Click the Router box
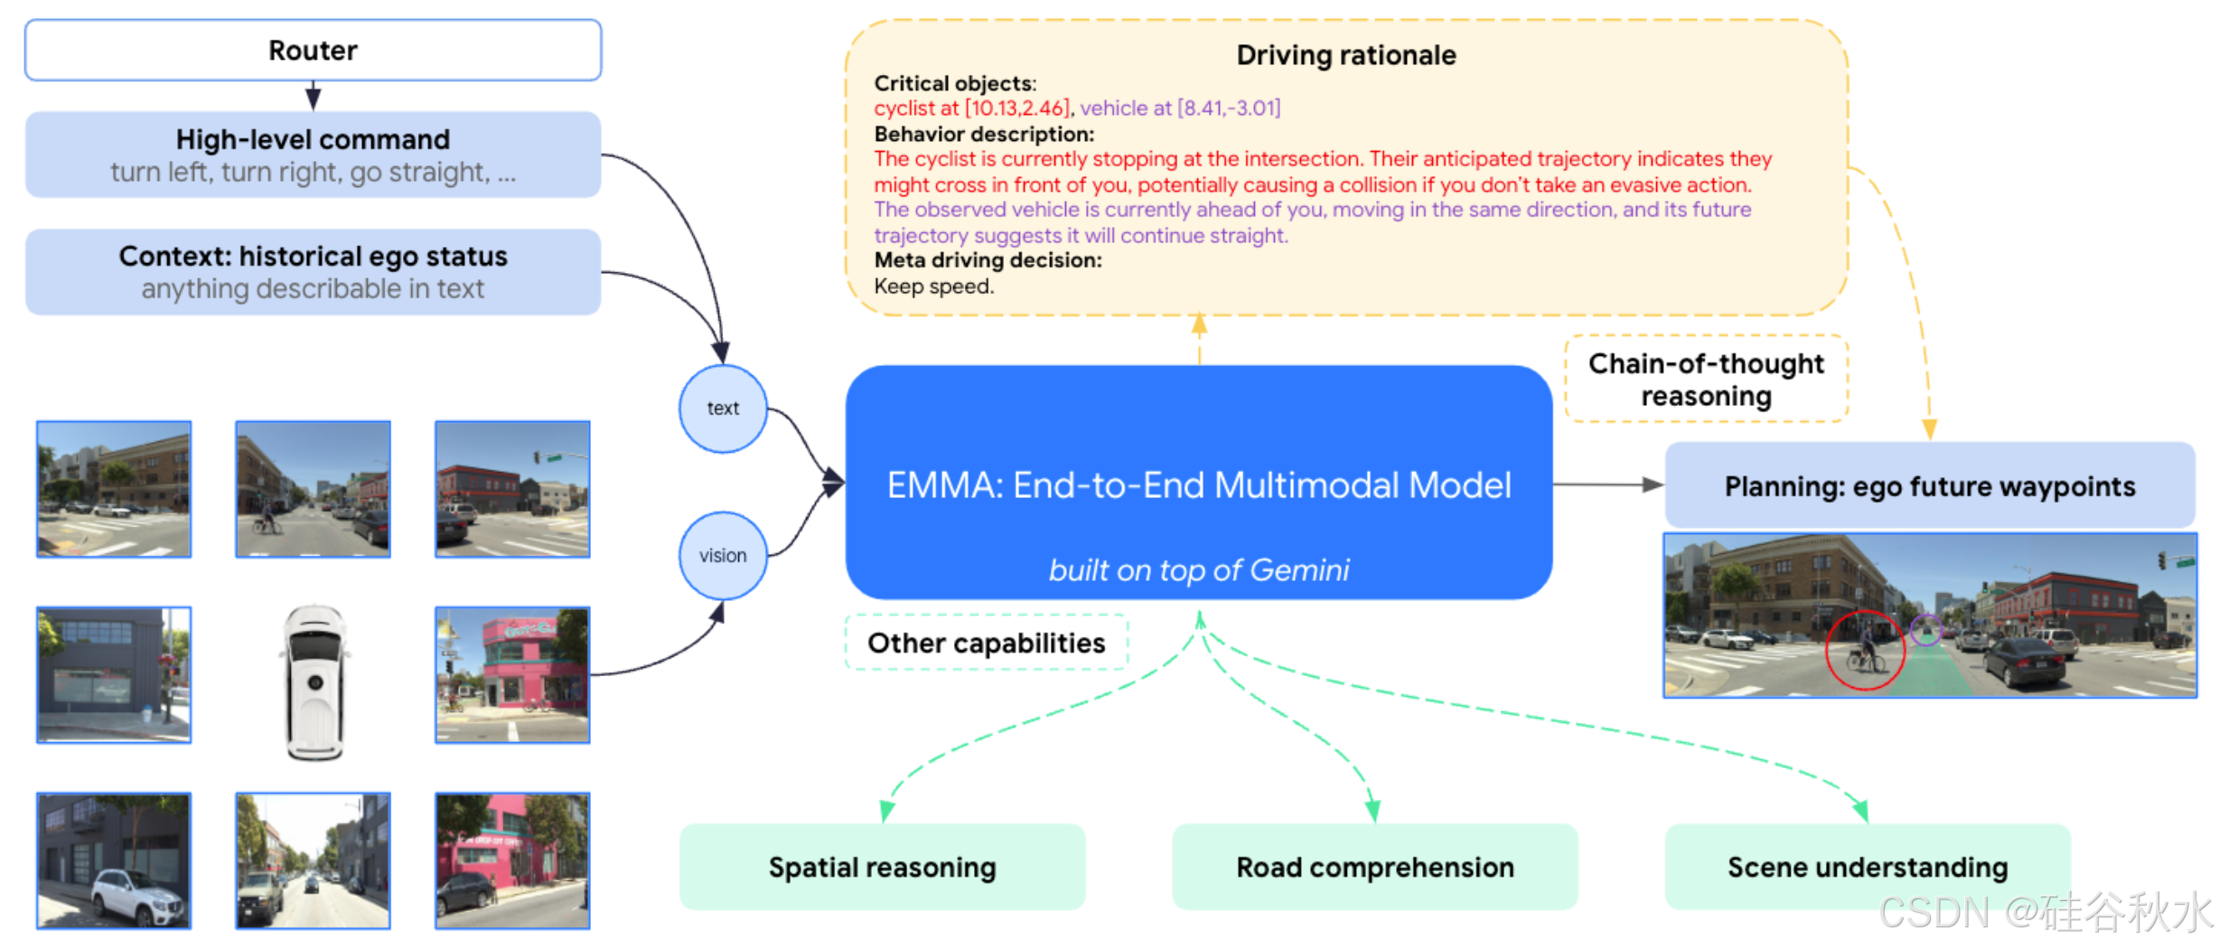(x=313, y=51)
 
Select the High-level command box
(x=313, y=155)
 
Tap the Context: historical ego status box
(x=313, y=271)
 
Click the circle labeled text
(x=723, y=409)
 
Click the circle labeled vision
(x=723, y=555)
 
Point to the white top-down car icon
(x=314, y=682)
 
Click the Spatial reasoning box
(x=882, y=867)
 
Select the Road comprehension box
(x=1374, y=867)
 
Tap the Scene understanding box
(x=1868, y=867)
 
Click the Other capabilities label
(x=986, y=643)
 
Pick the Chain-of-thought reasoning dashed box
(x=1706, y=379)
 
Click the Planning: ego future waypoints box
(x=1929, y=486)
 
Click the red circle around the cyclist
(x=1865, y=650)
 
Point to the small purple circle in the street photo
(x=1926, y=629)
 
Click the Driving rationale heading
(x=1345, y=55)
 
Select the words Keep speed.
(x=933, y=287)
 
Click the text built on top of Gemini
(x=1198, y=570)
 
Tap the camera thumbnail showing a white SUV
(x=114, y=860)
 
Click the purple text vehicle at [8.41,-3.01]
(x=1180, y=108)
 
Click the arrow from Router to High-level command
(x=313, y=95)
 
